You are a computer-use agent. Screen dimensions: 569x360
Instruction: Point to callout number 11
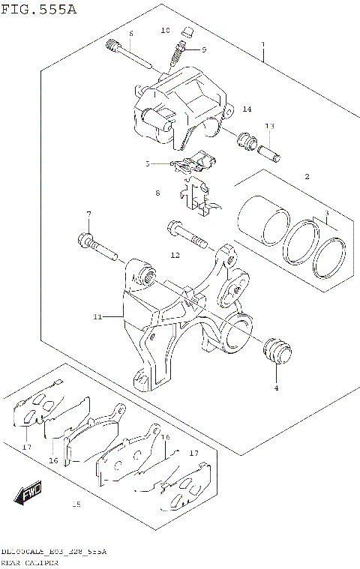pyautogui.click(x=97, y=317)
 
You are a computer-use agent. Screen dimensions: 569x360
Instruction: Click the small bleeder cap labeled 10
pyautogui.click(x=189, y=32)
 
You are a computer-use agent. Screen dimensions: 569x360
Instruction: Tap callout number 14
pyautogui.click(x=247, y=109)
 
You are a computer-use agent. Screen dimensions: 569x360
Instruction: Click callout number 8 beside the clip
pyautogui.click(x=157, y=193)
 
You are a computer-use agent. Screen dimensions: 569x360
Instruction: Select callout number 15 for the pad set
pyautogui.click(x=75, y=505)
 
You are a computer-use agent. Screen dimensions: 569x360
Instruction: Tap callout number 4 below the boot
pyautogui.click(x=275, y=388)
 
